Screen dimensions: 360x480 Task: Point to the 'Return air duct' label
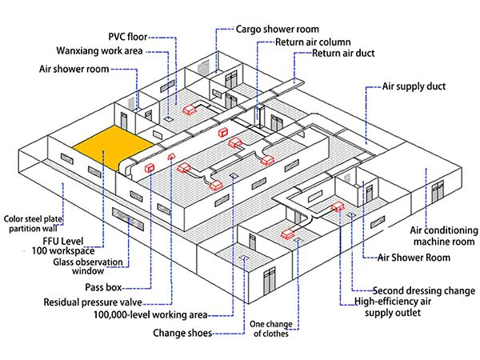[x=343, y=54]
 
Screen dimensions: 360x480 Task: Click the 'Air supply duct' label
[x=414, y=86]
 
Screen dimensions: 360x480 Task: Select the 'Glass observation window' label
[x=88, y=267]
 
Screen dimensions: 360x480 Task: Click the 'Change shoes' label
[x=182, y=333]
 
